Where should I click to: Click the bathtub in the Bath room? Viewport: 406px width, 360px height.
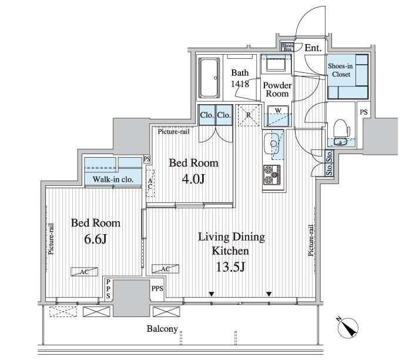tap(209, 78)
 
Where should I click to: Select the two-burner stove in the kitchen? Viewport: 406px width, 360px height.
tap(272, 175)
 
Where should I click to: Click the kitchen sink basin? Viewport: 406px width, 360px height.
tap(273, 144)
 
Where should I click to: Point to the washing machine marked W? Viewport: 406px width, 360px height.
tap(278, 116)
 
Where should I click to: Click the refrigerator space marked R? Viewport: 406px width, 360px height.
tap(249, 115)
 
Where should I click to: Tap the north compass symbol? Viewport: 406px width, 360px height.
tap(347, 327)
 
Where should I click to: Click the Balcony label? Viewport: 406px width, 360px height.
tap(162, 329)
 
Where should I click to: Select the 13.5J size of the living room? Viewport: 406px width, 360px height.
tap(230, 266)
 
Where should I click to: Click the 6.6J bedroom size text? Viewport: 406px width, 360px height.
tap(96, 239)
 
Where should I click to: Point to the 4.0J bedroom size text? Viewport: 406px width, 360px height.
tap(193, 179)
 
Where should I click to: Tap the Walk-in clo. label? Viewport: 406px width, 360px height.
tap(113, 179)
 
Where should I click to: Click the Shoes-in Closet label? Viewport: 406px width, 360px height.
tap(341, 70)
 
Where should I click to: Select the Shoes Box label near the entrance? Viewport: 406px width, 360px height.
tap(287, 47)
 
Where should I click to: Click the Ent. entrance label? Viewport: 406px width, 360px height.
tap(313, 48)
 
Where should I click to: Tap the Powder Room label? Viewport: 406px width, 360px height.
tap(277, 89)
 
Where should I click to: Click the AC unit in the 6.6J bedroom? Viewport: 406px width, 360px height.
tap(85, 271)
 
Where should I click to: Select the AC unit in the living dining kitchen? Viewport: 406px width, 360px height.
tap(165, 269)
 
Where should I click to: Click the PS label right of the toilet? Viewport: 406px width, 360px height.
tap(364, 112)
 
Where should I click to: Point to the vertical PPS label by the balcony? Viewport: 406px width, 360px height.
tap(108, 289)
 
